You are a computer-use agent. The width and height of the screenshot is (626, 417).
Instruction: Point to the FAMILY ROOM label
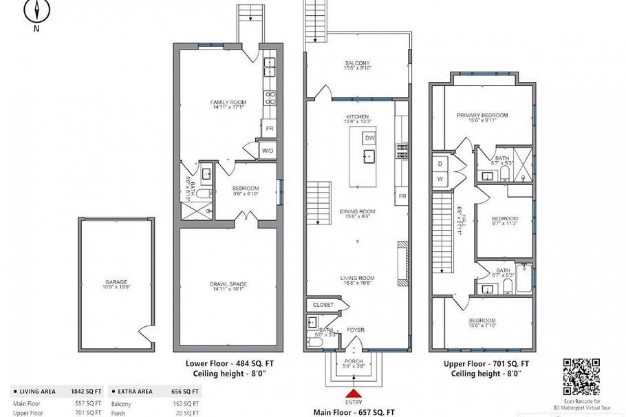pyautogui.click(x=228, y=103)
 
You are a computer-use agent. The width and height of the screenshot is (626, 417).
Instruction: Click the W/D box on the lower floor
pyautogui.click(x=268, y=151)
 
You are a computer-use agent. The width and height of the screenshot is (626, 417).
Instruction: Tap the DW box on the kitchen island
pyautogui.click(x=369, y=138)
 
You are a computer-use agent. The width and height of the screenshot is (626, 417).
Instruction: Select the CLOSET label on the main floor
pyautogui.click(x=323, y=304)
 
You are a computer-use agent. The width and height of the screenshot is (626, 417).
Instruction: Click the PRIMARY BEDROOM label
pyautogui.click(x=482, y=115)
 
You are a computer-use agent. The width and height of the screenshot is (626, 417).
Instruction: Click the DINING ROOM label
pyautogui.click(x=357, y=211)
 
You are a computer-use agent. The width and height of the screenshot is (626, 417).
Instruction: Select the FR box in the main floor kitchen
pyautogui.click(x=401, y=196)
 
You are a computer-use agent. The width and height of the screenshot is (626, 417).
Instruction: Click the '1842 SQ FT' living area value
pyautogui.click(x=88, y=390)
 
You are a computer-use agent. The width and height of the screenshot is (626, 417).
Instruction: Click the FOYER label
pyautogui.click(x=355, y=330)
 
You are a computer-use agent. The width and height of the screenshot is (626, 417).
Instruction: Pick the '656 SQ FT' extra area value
pyautogui.click(x=186, y=390)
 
